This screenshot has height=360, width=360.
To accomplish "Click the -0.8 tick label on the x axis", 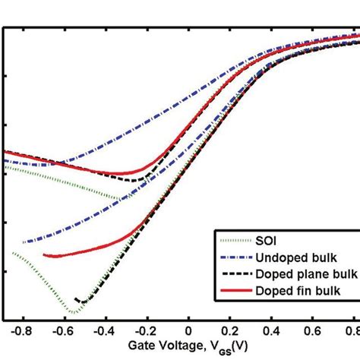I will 22,332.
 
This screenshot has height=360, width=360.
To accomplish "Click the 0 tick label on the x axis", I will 188,332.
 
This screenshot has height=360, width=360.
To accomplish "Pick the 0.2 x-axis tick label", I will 229,332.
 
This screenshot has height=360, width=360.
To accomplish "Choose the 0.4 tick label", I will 271,332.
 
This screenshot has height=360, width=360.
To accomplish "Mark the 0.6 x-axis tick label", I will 313,332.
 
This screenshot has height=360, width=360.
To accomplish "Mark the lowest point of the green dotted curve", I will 73,312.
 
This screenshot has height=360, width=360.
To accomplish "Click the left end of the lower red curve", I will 44,254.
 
